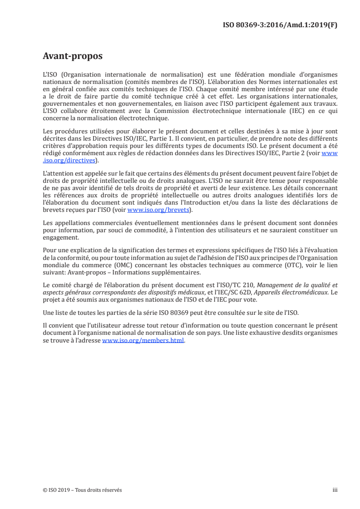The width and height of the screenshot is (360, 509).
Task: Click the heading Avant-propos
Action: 72,57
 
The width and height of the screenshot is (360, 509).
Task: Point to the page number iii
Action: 335,490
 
